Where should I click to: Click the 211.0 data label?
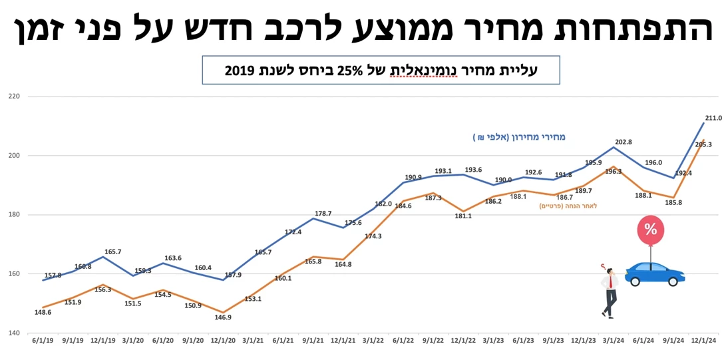(x=713, y=118)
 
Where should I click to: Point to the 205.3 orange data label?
(x=703, y=144)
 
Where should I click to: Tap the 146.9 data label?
(x=223, y=317)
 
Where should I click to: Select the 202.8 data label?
(x=624, y=142)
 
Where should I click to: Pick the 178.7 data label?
(x=323, y=214)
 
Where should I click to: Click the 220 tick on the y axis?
(x=15, y=96)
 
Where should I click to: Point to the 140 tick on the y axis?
(x=15, y=333)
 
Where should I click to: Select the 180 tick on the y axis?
(x=15, y=215)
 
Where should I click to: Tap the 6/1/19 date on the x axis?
(x=43, y=341)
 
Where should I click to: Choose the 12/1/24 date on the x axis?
(x=703, y=341)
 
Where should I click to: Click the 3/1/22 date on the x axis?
(x=373, y=341)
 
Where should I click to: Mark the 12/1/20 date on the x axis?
(x=223, y=341)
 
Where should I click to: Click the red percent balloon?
(x=650, y=230)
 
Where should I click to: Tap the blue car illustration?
(x=654, y=273)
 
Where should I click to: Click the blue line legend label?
(x=519, y=137)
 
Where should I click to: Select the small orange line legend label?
(x=568, y=206)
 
